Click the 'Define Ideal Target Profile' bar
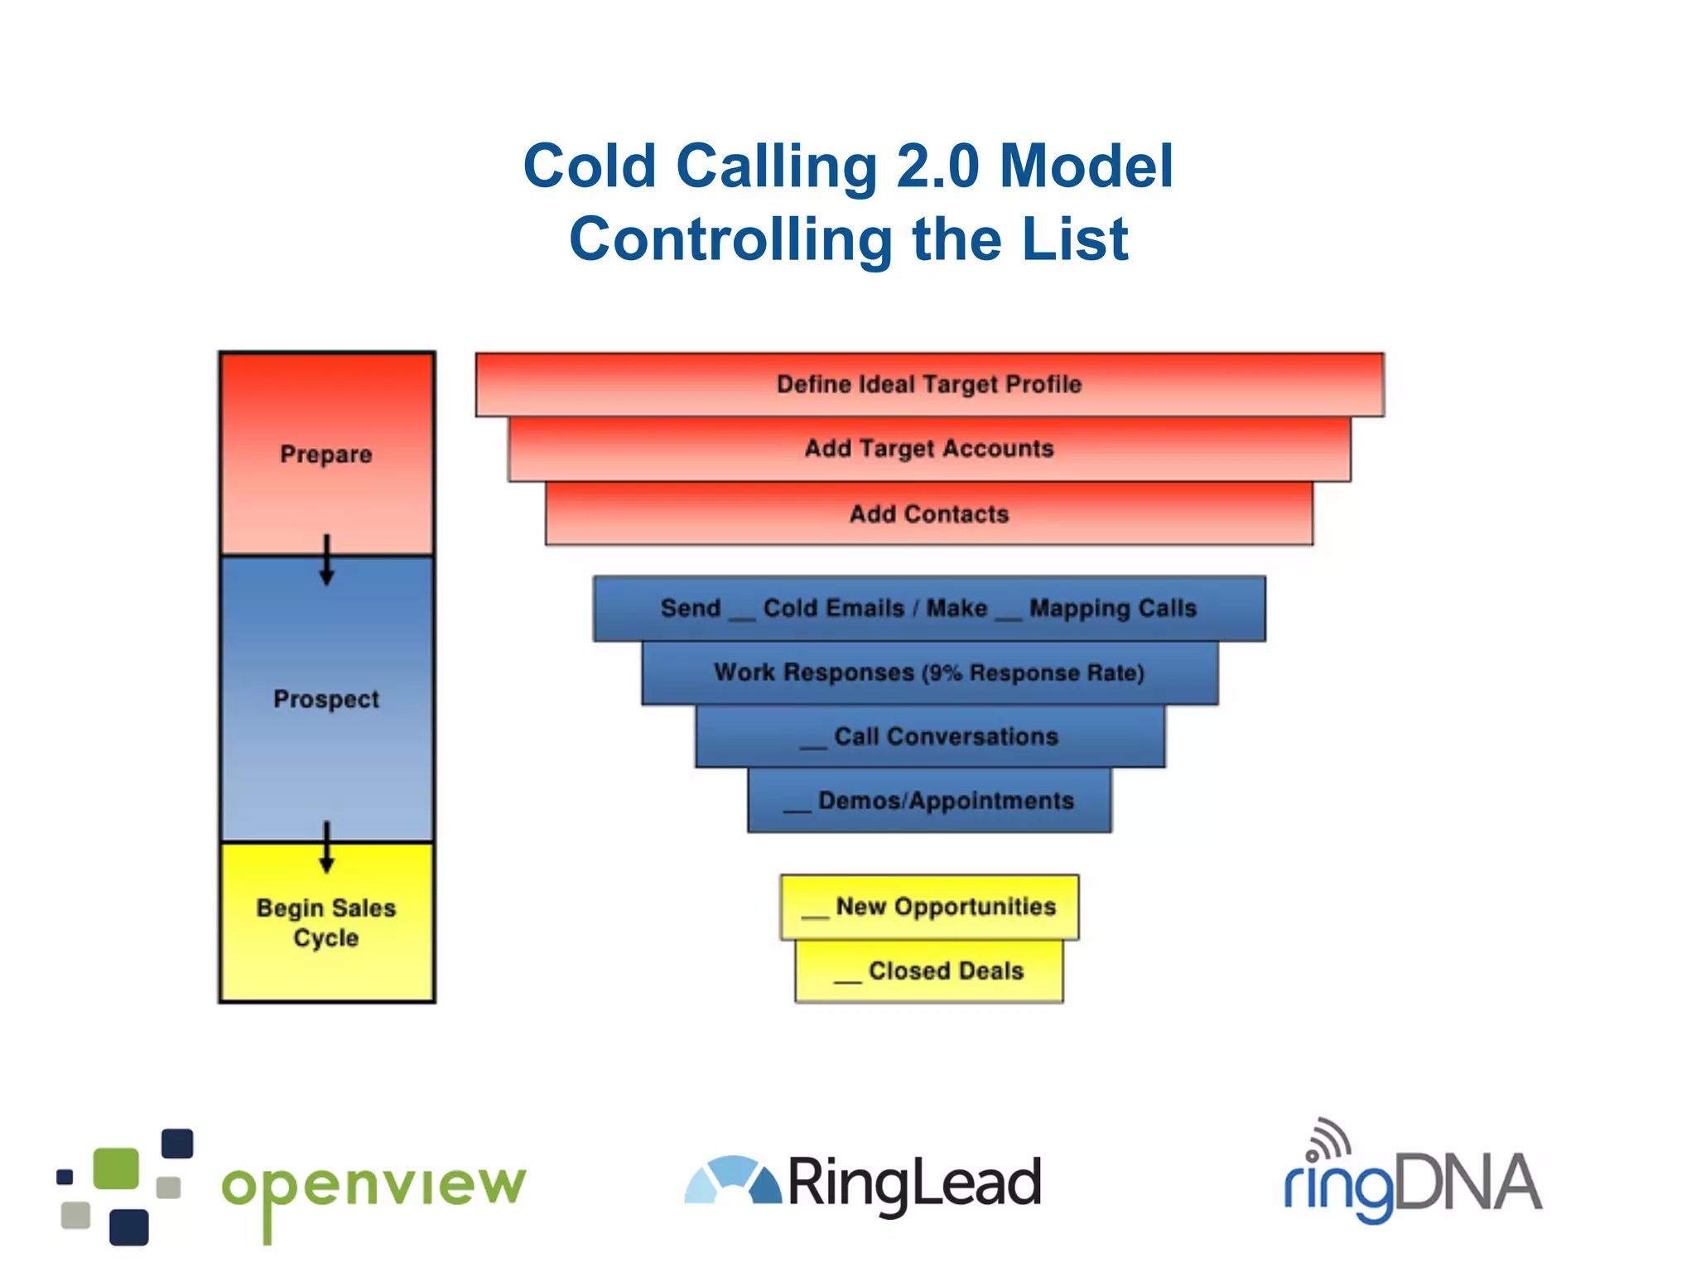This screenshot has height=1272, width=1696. pyautogui.click(x=929, y=384)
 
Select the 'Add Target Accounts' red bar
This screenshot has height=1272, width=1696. pyautogui.click(x=929, y=449)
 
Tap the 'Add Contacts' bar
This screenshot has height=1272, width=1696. pyautogui.click(x=929, y=514)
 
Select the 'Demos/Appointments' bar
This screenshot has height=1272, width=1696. pyautogui.click(x=929, y=801)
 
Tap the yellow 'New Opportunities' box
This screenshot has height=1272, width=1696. pyautogui.click(x=929, y=907)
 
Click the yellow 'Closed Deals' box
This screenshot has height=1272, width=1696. pyautogui.click(x=929, y=971)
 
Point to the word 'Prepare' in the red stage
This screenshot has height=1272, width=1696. pyautogui.click(x=326, y=455)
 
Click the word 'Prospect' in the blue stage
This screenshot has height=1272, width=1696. pyautogui.click(x=326, y=699)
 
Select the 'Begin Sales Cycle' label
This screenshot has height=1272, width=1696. pyautogui.click(x=326, y=923)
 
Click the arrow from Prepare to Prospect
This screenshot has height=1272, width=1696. pyautogui.click(x=327, y=560)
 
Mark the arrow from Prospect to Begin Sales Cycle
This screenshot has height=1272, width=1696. pyautogui.click(x=327, y=846)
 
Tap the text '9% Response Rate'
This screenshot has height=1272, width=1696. pyautogui.click(x=1033, y=673)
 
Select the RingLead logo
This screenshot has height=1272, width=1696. pyautogui.click(x=863, y=1183)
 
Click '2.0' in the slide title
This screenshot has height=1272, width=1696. pyautogui.click(x=937, y=166)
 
